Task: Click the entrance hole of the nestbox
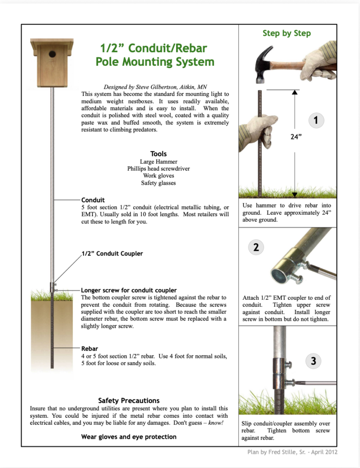tap(52, 54)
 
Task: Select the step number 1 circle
tap(316, 121)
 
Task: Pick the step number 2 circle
tap(256, 247)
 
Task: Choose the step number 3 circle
tap(313, 361)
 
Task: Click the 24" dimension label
tap(296, 136)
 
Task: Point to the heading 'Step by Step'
tap(286, 33)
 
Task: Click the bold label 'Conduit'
tap(93, 200)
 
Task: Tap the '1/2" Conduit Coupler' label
tap(112, 254)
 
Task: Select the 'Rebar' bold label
tap(90, 349)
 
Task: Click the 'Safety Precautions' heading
tap(129, 400)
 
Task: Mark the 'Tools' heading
tap(158, 154)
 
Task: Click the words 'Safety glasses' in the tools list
tap(158, 183)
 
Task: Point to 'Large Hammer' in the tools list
tap(158, 161)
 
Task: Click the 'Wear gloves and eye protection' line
tap(129, 436)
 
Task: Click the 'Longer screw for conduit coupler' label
tap(129, 290)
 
